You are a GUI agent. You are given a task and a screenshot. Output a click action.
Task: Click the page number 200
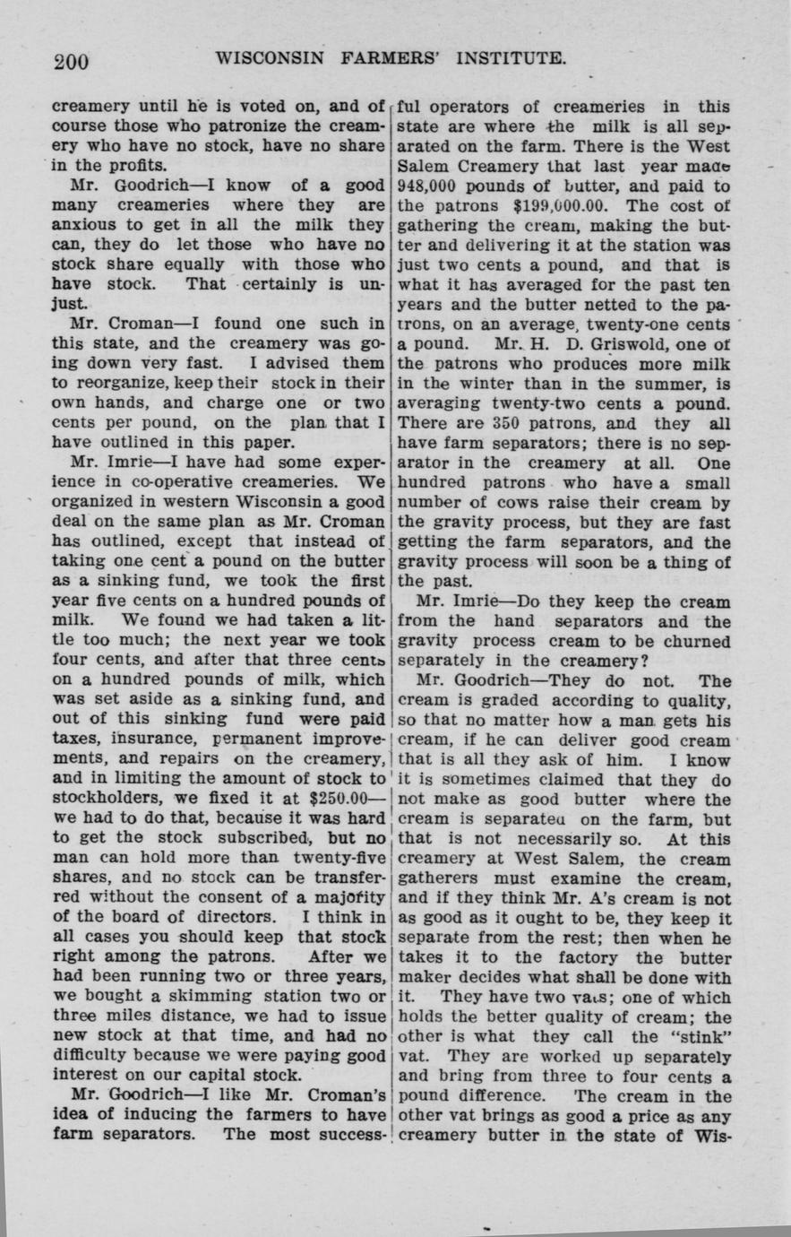71,62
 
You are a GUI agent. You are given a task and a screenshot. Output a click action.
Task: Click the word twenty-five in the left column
340,858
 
